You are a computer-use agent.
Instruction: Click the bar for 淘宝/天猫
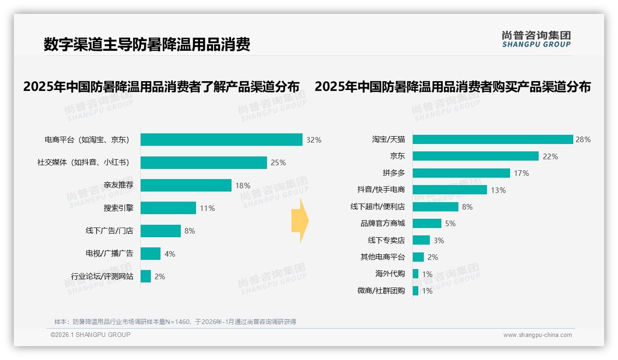493,139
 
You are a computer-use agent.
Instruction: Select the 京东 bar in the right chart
475,156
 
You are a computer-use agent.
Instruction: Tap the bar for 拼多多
461,173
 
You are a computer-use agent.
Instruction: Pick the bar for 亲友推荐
186,185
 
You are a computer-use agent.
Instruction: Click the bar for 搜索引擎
168,208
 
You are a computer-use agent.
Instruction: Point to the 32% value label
314,140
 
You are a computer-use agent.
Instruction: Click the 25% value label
278,162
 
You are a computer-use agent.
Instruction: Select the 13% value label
498,190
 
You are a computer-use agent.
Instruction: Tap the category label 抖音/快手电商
381,190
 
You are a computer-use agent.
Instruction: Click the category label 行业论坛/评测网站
102,276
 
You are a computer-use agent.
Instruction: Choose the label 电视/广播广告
109,253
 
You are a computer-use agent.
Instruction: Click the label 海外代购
390,274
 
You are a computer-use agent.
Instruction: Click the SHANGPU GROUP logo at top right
536,39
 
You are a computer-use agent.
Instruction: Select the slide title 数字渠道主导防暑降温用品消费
147,45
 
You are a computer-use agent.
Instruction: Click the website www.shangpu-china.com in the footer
537,335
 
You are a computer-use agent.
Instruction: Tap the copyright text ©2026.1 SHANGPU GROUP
90,335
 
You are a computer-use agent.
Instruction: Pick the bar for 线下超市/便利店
435,207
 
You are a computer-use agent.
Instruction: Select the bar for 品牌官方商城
427,223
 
